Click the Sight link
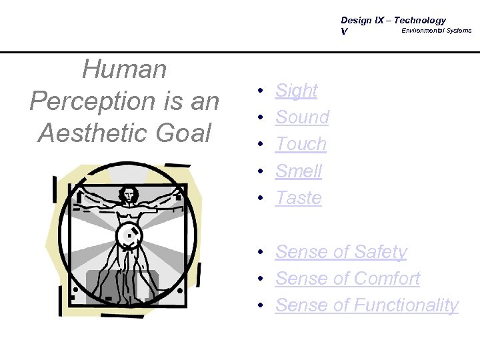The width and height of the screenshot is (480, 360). (296, 91)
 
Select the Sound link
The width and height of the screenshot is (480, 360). (302, 117)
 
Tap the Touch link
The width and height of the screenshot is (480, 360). (301, 144)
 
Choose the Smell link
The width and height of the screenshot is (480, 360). (298, 171)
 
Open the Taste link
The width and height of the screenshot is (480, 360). (298, 198)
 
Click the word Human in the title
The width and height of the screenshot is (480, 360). (124, 69)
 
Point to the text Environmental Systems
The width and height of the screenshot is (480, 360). (436, 31)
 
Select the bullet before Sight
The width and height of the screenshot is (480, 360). (263, 91)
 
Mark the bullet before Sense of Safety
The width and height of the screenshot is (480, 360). (263, 252)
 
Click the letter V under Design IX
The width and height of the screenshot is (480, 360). (344, 31)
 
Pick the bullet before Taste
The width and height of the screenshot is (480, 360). (263, 198)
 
